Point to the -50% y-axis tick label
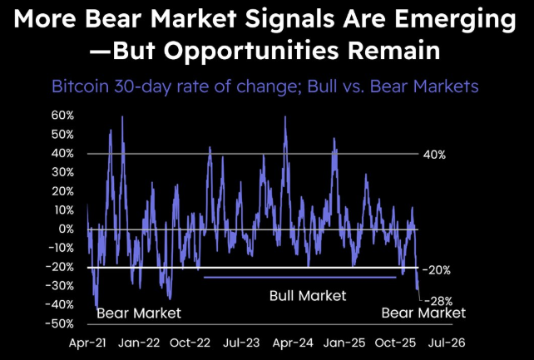tap(62, 323)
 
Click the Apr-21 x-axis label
tap(87, 342)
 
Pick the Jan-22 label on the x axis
tap(140, 342)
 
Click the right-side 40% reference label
tap(435, 155)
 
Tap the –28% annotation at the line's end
tap(441, 300)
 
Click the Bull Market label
tap(307, 295)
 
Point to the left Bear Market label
tap(139, 313)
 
